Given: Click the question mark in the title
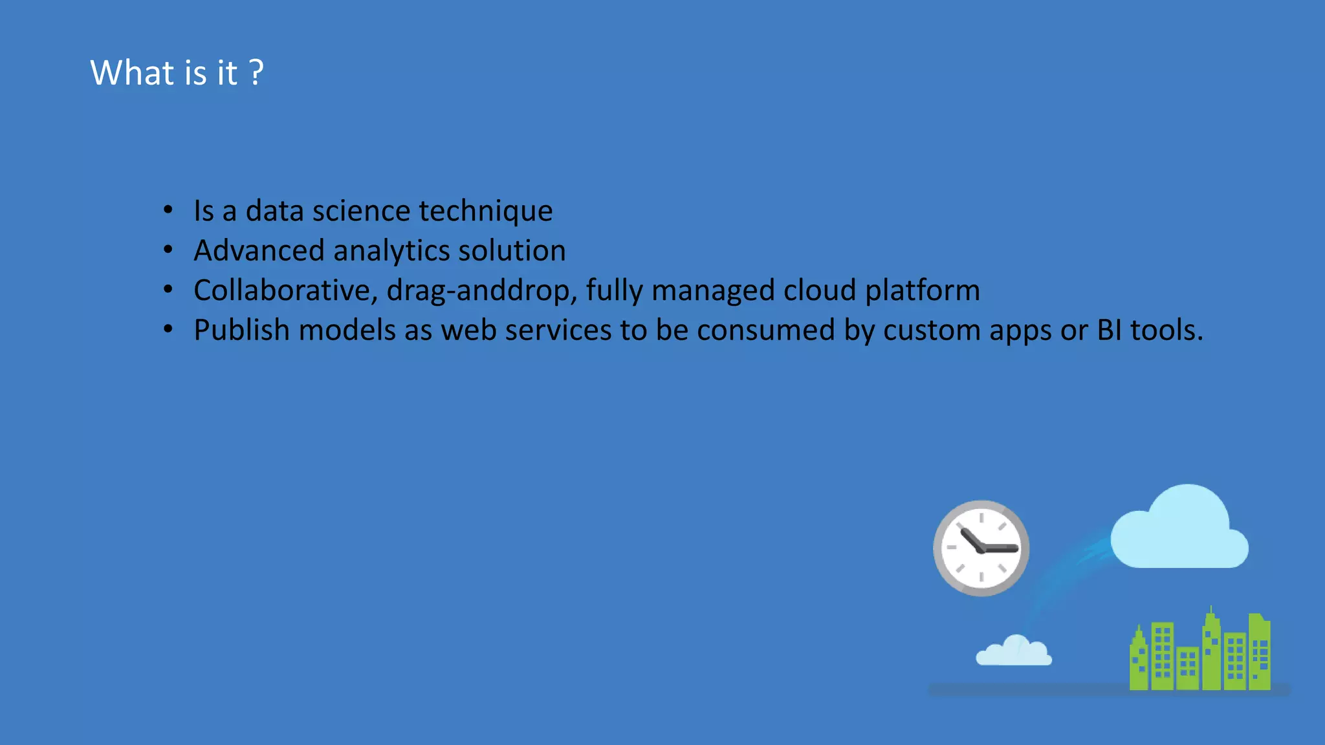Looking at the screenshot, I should point(256,72).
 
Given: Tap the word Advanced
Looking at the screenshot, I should point(259,251).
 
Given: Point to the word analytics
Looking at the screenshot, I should point(391,251).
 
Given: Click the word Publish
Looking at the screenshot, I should point(241,330).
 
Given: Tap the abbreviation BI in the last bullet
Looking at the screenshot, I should point(1109,330).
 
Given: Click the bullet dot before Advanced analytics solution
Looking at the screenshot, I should point(168,250).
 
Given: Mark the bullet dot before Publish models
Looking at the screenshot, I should point(168,329).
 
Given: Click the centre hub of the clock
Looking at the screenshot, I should point(981,549).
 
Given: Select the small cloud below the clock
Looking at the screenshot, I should point(1014,652).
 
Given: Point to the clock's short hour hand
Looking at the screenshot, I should point(970,539).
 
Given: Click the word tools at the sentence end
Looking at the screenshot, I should point(1165,330).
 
